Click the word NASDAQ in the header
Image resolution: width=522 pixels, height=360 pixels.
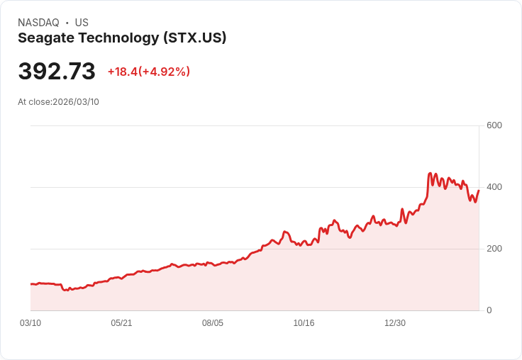38,23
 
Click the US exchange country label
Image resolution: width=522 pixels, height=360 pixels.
82,23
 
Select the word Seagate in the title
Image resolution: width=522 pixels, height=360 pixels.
44,38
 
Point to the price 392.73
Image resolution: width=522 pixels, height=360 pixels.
57,72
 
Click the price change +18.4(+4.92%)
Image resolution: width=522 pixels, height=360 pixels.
149,72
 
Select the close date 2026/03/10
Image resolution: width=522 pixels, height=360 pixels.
76,102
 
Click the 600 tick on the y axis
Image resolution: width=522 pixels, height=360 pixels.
494,125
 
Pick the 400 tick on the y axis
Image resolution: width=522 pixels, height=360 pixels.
494,187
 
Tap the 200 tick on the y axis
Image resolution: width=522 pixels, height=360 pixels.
494,249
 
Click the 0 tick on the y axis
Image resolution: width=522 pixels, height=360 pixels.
489,310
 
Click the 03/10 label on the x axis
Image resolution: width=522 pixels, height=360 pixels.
30,323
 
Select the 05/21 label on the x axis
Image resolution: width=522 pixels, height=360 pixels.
121,323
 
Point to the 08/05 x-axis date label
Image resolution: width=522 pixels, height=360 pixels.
213,323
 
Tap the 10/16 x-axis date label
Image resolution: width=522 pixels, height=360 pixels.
304,323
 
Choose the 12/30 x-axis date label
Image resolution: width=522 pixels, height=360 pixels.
395,323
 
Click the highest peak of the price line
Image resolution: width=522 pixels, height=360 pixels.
430,173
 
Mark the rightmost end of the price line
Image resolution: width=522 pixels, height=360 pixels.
479,190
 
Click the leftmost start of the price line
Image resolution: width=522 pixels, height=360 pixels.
30,284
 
